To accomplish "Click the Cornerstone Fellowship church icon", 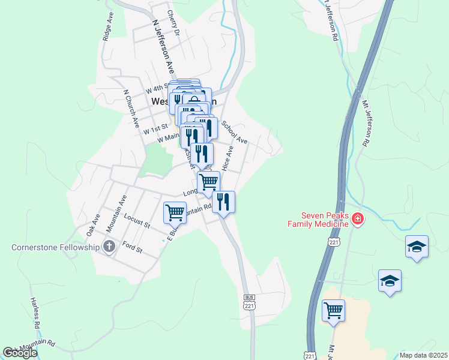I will pos(109,246).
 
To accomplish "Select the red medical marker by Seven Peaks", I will pos(358,219).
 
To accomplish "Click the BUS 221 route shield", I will pos(250,302).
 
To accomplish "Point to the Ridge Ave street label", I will pos(107,26).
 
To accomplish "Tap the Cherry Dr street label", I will pos(173,23).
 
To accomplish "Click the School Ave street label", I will pos(234,133).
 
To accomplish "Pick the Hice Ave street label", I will pos(228,159).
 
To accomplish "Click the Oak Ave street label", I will pos(92,225).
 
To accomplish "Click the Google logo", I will pos(20,353).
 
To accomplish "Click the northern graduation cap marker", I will pos(417,247).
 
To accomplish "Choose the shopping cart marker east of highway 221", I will pos(333,310).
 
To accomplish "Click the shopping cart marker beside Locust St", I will pos(175,212).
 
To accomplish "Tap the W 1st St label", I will pos(154,128).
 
